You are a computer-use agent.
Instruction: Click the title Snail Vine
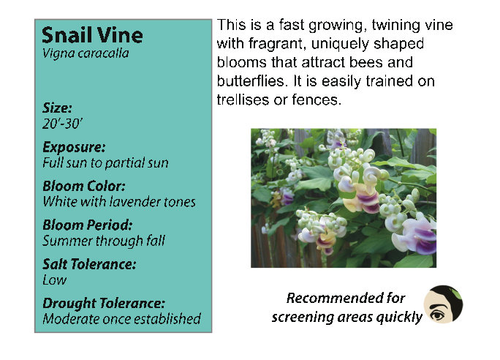pyautogui.click(x=92, y=35)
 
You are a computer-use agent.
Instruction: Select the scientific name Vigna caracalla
pyautogui.click(x=86, y=53)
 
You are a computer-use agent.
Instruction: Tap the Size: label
pyautogui.click(x=58, y=108)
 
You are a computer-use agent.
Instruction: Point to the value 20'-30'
pyautogui.click(x=63, y=124)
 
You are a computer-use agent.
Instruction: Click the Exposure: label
pyautogui.click(x=74, y=148)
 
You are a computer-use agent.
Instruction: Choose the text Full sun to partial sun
pyautogui.click(x=105, y=162)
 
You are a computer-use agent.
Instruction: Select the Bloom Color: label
pyautogui.click(x=84, y=186)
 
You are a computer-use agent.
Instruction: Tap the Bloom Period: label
pyautogui.click(x=88, y=225)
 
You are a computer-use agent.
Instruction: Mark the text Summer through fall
pyautogui.click(x=104, y=241)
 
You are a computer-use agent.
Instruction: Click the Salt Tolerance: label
pyautogui.click(x=89, y=264)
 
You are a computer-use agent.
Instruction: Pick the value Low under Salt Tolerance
pyautogui.click(x=55, y=280)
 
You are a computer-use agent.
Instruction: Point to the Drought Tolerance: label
pyautogui.click(x=104, y=304)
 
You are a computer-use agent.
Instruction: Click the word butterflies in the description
pyautogui.click(x=251, y=81)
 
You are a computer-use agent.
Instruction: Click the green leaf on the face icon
pyautogui.click(x=455, y=293)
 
